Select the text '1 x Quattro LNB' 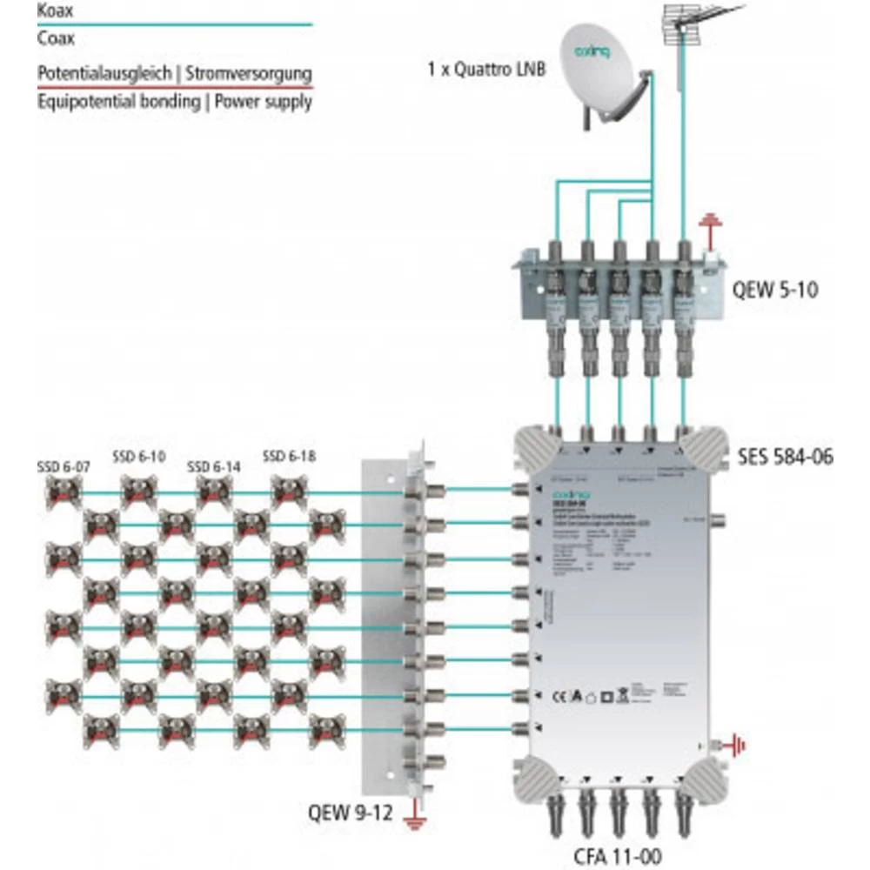coord(487,69)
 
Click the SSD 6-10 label coord(138,455)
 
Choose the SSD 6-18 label coord(289,455)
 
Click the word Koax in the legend coord(54,12)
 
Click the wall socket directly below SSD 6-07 coord(64,493)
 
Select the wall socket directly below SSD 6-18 coord(289,493)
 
